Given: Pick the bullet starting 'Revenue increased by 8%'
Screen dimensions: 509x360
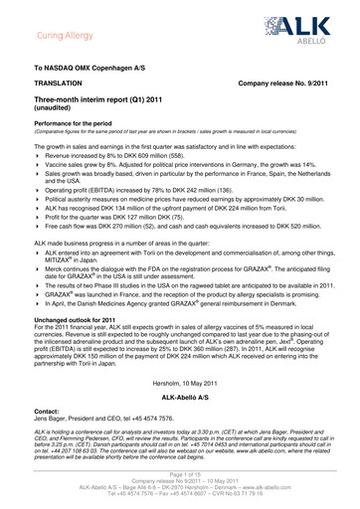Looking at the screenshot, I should (119, 156).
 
